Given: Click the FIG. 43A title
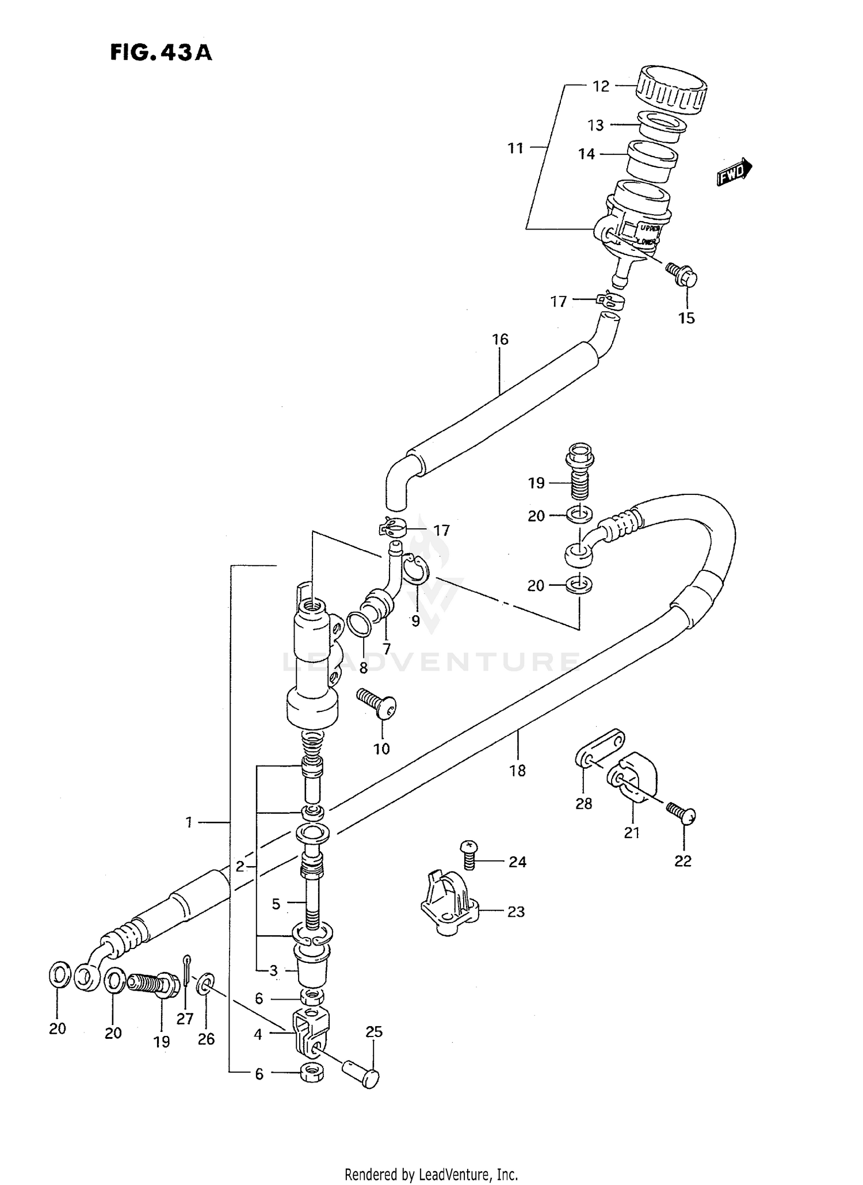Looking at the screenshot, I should tap(161, 52).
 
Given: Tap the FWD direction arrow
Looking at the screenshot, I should tap(734, 171).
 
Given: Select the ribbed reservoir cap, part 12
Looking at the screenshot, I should tap(671, 90).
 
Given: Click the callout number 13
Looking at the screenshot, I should tap(595, 125).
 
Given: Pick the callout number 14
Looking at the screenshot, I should tap(586, 154).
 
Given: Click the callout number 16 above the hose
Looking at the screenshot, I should tap(500, 340).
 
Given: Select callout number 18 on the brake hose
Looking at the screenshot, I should tap(517, 771).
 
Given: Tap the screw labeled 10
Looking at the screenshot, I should tap(378, 705).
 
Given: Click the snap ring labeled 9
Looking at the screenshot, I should tap(415, 570).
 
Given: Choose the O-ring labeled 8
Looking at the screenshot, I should tap(359, 625).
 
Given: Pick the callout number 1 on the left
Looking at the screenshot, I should tap(189, 823).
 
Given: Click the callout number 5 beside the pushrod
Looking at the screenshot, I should tap(276, 904).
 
